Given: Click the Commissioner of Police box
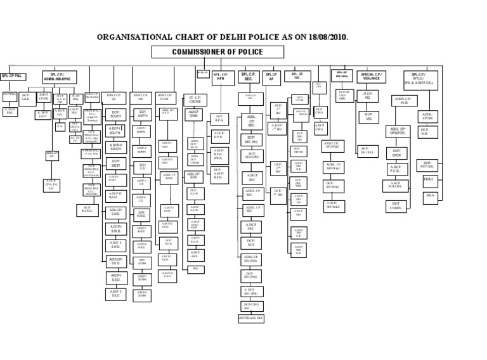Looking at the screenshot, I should [217, 52].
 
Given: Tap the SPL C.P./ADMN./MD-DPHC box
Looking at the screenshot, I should [60, 77].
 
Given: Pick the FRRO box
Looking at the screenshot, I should [431, 181].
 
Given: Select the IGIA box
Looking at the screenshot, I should [431, 195].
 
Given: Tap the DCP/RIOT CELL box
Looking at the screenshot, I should [428, 165].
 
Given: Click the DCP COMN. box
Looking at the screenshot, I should [396, 206].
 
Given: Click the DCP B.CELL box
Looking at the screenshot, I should [88, 209].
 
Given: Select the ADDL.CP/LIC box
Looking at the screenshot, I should [53, 155].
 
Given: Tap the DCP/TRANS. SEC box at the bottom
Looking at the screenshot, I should [251, 318].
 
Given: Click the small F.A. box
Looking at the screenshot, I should [60, 127].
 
